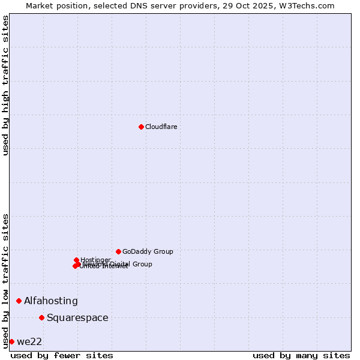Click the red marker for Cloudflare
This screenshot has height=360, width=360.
(141, 127)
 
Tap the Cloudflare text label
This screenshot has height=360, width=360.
(161, 127)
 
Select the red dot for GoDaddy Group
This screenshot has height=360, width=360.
(118, 251)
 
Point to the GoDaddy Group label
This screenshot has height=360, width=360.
(148, 251)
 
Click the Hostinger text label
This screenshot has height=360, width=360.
(95, 260)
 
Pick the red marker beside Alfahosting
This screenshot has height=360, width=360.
(19, 301)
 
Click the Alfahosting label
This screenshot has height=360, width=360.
(51, 301)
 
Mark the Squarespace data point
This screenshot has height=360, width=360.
(41, 317)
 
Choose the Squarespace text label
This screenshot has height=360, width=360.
(77, 317)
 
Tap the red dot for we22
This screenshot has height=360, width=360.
(11, 341)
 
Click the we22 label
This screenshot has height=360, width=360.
(29, 341)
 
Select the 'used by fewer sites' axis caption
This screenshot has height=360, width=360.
(62, 355)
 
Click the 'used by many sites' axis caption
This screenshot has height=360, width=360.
(301, 355)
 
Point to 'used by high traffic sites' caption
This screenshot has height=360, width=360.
(5, 85)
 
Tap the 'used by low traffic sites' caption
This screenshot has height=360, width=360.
(5, 281)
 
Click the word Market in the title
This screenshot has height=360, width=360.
(40, 5)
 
